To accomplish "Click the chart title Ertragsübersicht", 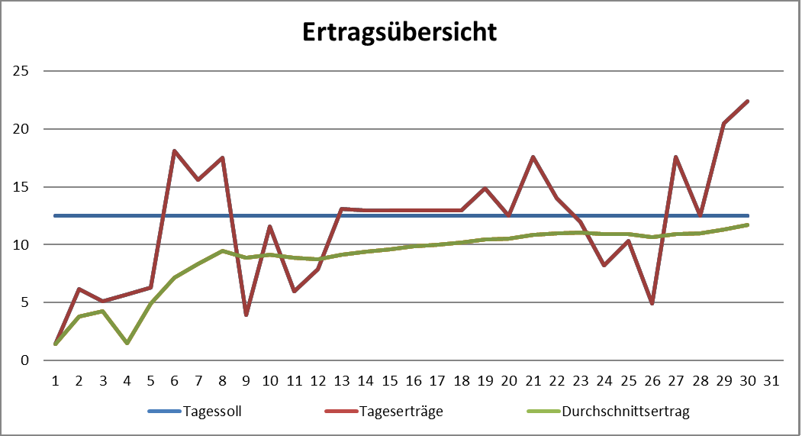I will (400, 33).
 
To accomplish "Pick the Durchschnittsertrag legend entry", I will (625, 412).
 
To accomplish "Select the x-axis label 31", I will (771, 380).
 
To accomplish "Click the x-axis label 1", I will (56, 380).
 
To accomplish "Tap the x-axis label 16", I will (414, 380).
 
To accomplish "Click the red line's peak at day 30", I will (748, 101).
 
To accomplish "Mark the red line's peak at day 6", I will (175, 150).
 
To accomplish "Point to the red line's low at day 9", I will (246, 315).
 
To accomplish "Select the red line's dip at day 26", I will (652, 303).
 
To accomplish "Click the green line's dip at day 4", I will (127, 343).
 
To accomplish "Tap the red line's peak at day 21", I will (533, 157).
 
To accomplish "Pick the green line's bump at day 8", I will (222, 250).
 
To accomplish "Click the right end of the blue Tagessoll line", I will (748, 215).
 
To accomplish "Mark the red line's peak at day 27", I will (676, 157).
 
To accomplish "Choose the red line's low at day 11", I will (294, 291).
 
